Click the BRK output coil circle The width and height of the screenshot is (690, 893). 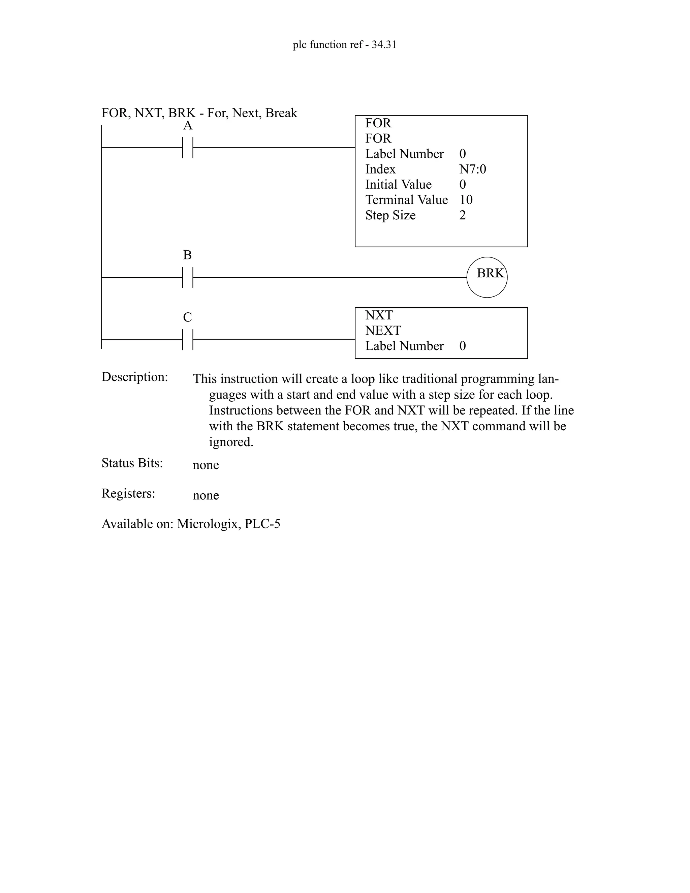487,277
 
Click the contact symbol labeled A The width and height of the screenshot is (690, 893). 188,148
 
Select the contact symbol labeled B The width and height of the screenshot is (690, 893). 188,277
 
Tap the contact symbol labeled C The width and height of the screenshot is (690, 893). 188,339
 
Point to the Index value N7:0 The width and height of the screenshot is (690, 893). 473,169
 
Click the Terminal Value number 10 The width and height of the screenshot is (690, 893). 466,200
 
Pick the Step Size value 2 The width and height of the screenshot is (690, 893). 462,215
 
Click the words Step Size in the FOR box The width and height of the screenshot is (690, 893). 390,215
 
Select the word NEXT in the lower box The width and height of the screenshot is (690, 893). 383,330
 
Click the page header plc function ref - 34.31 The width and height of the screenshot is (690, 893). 345,44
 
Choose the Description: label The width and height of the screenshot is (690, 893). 135,377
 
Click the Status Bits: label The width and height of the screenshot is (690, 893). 132,463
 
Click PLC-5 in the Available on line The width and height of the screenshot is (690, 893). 262,524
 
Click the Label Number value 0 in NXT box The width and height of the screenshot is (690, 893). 462,346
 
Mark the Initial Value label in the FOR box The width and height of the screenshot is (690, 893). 399,184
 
